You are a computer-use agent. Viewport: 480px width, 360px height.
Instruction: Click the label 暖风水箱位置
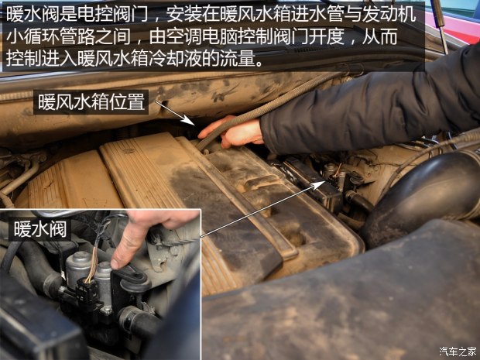click(x=91, y=102)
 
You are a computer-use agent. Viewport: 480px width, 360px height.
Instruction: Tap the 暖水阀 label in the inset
click(x=39, y=229)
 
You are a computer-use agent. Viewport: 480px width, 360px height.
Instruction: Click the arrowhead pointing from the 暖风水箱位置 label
click(x=189, y=121)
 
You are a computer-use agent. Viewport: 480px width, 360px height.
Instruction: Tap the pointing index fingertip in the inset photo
click(x=115, y=264)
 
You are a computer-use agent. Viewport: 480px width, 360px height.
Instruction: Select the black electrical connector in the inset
click(x=87, y=291)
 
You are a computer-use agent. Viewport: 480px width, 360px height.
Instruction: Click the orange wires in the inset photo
click(x=93, y=264)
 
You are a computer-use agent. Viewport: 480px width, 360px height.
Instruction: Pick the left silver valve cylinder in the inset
click(x=77, y=267)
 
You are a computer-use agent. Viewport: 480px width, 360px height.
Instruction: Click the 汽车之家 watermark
click(x=458, y=351)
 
